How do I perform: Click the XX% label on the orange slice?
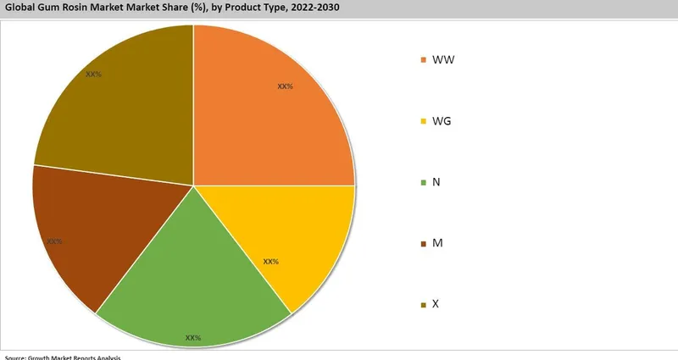point(285,86)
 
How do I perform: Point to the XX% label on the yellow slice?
point(271,262)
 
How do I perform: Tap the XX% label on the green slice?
point(193,338)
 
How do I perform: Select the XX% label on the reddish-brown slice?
point(54,241)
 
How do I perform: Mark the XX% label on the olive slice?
point(93,74)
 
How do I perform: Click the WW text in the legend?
point(443,60)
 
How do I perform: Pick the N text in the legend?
point(436,182)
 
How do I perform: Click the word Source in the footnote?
point(16,357)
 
